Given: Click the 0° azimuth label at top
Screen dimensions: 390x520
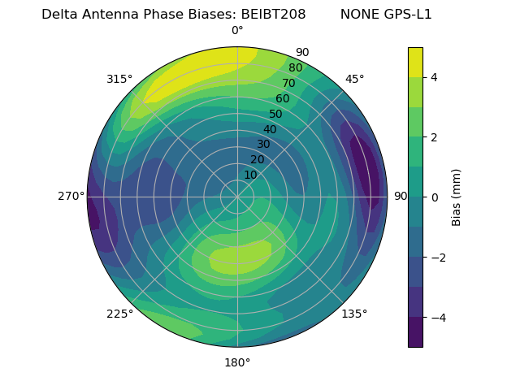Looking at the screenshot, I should click(x=237, y=31).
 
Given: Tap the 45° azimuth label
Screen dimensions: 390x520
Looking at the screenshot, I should click(x=354, y=79).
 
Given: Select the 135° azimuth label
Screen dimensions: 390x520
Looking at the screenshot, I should click(x=354, y=314).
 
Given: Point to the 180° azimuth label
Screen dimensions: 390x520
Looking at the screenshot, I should click(x=237, y=362).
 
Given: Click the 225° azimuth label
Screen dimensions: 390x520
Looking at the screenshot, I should click(x=119, y=314).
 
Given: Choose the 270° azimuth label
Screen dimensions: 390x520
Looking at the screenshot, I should click(x=71, y=196).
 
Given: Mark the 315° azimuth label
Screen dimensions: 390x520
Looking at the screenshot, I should click(x=119, y=79).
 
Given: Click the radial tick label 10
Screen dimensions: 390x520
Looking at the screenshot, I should click(x=250, y=175).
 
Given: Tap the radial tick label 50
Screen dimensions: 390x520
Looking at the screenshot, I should click(x=276, y=114).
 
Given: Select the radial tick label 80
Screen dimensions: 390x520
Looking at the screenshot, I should click(x=295, y=68).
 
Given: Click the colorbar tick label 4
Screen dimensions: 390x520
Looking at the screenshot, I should click(x=434, y=78).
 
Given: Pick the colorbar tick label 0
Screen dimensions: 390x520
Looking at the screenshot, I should click(x=434, y=197).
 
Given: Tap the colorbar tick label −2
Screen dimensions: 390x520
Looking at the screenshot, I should click(x=439, y=258).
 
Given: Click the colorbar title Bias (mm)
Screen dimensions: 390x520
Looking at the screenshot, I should click(x=457, y=197).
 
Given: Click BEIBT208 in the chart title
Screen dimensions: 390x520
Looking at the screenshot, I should click(x=273, y=15).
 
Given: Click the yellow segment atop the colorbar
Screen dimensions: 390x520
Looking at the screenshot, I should click(x=415, y=63).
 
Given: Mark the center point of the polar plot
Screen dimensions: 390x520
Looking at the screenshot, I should click(x=237, y=197).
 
